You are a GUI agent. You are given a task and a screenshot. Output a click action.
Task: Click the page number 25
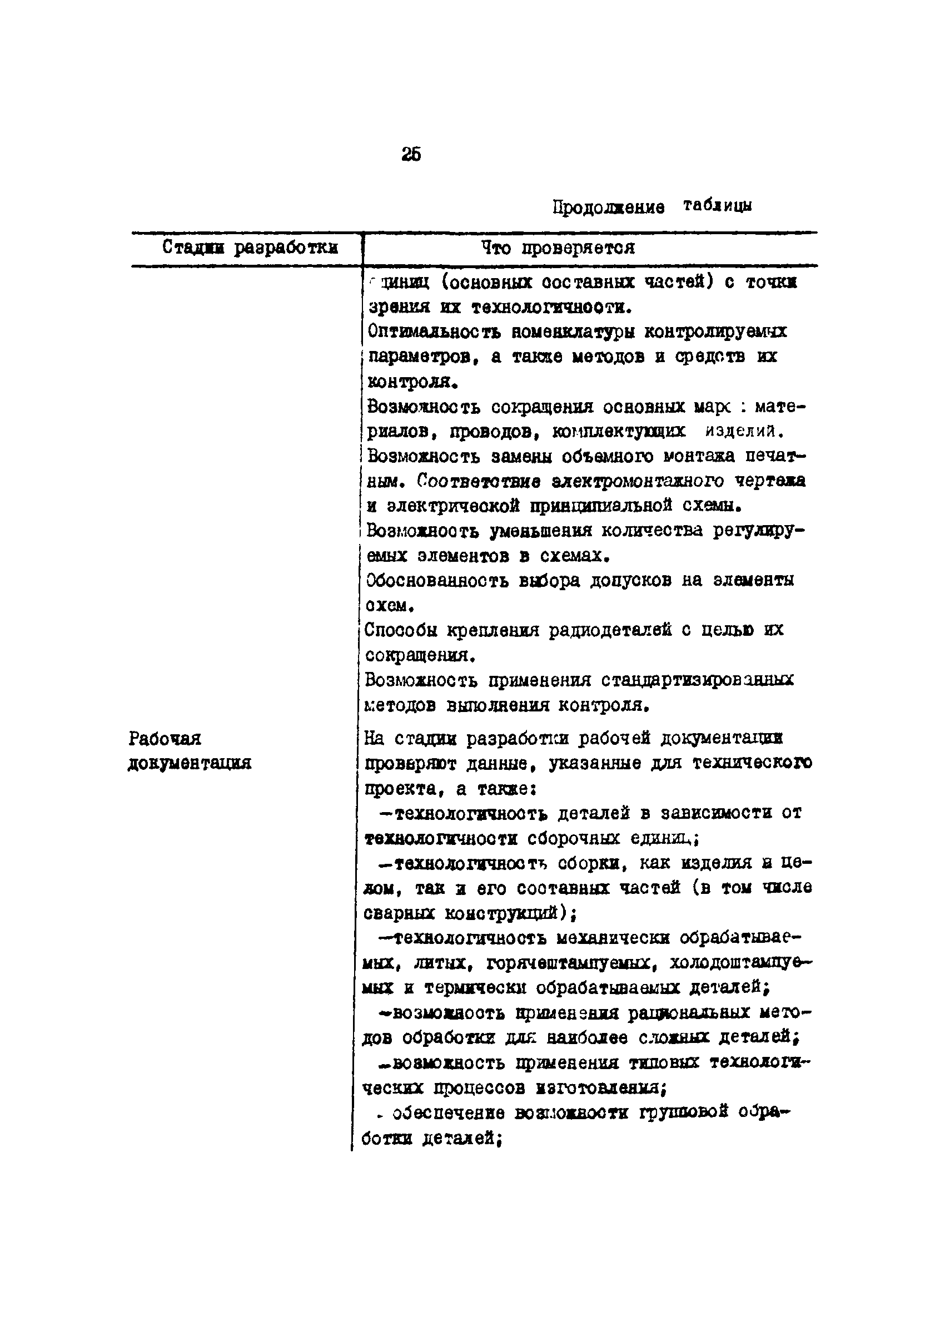pos(411,154)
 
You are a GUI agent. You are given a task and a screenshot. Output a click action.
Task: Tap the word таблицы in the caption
pos(717,205)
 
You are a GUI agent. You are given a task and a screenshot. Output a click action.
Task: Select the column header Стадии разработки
pos(250,248)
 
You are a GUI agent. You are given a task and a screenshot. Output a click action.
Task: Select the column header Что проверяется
pos(558,248)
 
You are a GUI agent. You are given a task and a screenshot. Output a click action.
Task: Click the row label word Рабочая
pos(165,739)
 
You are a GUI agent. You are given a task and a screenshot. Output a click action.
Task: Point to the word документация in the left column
pos(190,763)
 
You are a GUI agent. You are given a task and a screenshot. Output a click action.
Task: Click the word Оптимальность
pos(434,332)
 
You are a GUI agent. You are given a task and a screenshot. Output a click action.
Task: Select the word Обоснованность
pos(436,581)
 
